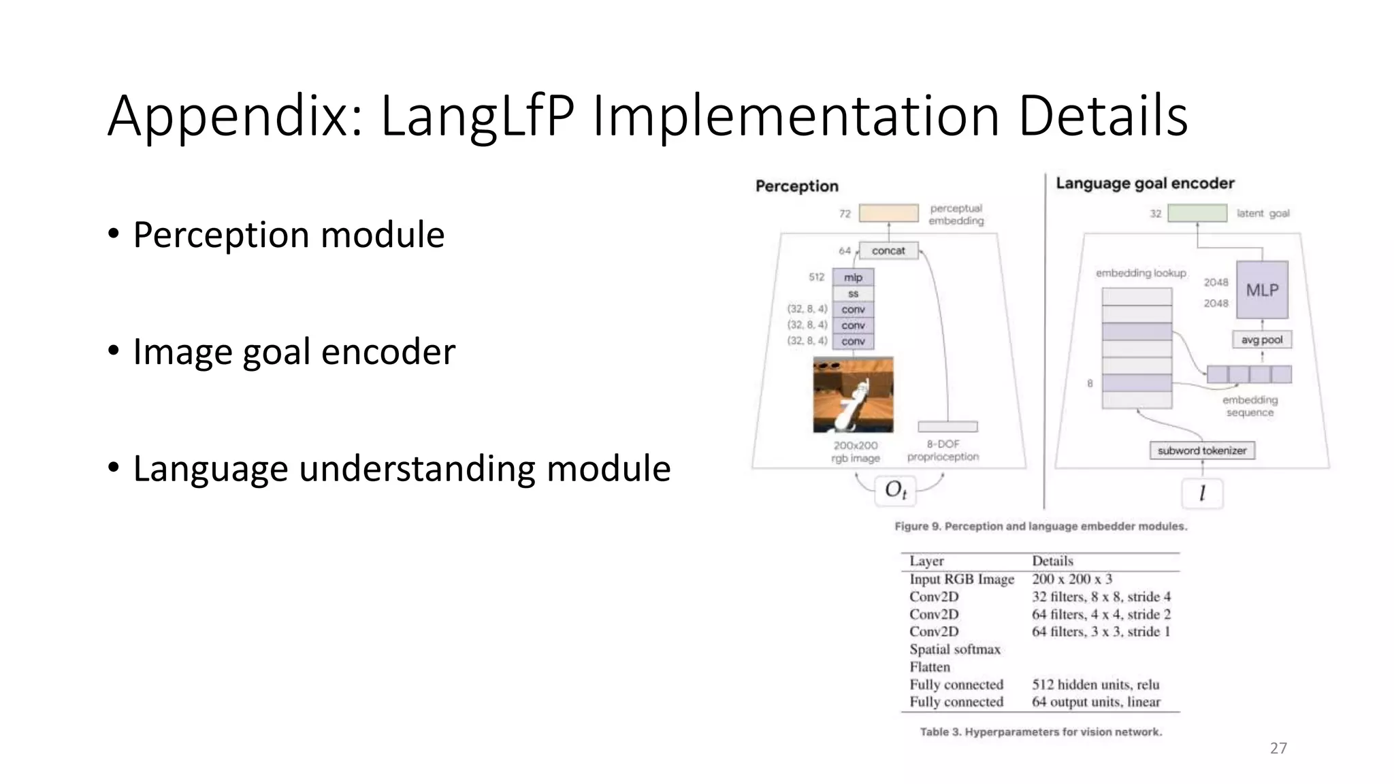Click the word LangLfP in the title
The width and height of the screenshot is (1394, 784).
point(476,116)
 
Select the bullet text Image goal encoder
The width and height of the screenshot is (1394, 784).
point(293,352)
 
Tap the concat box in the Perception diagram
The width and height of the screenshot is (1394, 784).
point(888,250)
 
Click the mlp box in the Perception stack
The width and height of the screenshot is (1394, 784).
point(853,277)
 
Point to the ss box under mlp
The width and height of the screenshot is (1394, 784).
point(853,293)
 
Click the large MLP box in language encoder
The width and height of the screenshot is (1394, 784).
point(1262,290)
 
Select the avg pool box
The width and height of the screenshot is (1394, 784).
point(1261,340)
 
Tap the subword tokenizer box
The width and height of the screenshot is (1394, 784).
point(1201,451)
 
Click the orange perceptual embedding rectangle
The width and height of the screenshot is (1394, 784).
point(888,213)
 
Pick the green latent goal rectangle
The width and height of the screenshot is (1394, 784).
point(1197,213)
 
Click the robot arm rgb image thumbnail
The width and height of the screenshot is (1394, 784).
point(853,395)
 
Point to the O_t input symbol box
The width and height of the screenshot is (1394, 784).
point(895,490)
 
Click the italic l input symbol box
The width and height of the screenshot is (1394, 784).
point(1202,493)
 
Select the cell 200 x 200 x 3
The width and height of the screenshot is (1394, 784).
point(1071,579)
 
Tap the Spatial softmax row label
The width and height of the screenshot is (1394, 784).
point(954,649)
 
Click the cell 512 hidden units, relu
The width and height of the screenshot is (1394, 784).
point(1095,685)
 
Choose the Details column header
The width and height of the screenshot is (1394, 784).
point(1052,561)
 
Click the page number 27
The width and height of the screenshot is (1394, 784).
point(1278,748)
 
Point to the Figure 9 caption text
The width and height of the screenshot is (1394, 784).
point(1040,526)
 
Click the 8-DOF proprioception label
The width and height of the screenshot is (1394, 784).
point(943,451)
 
